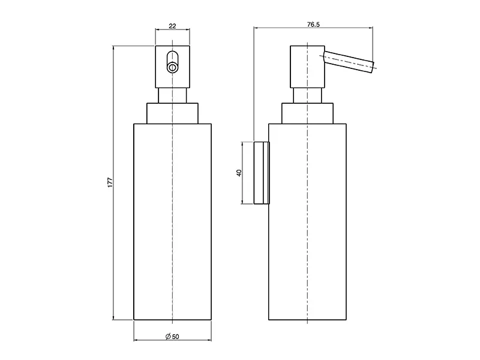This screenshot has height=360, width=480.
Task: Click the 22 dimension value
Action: pyautogui.click(x=172, y=26)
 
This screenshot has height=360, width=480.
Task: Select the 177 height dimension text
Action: pyautogui.click(x=110, y=182)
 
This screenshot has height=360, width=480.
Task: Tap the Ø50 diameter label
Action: pyautogui.click(x=172, y=337)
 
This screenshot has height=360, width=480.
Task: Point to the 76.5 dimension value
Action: pyautogui.click(x=313, y=25)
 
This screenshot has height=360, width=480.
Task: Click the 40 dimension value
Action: pyautogui.click(x=239, y=173)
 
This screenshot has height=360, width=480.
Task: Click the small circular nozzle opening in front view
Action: pyautogui.click(x=172, y=67)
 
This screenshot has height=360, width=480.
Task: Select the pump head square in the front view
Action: pyautogui.click(x=172, y=67)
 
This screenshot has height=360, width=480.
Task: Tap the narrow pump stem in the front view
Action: pyautogui.click(x=172, y=96)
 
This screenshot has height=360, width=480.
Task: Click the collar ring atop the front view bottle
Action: pyautogui.click(x=172, y=113)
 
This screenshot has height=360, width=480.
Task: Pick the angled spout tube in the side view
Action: pyautogui.click(x=349, y=62)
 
